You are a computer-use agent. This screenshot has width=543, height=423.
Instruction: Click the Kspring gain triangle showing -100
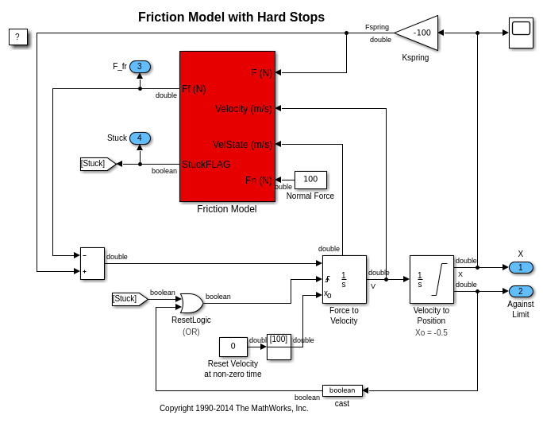(419, 33)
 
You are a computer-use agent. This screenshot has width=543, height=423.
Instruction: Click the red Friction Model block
(227, 126)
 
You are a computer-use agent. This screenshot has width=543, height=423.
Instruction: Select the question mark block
(18, 37)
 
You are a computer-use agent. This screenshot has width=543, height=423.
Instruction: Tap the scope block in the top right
(521, 33)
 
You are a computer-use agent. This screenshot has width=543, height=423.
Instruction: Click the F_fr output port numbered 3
(141, 67)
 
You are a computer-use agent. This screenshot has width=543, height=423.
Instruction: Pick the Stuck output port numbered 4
(141, 138)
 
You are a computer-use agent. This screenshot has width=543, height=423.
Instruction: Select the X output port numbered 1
(521, 267)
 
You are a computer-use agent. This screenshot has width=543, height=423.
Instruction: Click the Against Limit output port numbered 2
(521, 291)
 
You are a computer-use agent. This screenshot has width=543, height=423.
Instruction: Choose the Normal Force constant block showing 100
(310, 180)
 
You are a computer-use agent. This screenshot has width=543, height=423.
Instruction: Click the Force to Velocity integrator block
(344, 279)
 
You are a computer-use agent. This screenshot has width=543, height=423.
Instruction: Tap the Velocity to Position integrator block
(431, 279)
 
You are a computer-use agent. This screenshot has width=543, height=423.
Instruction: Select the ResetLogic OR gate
(191, 303)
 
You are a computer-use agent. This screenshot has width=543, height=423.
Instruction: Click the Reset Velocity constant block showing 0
(233, 347)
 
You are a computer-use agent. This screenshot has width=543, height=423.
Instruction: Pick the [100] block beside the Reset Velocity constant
(279, 347)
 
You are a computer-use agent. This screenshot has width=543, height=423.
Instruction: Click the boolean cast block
(342, 390)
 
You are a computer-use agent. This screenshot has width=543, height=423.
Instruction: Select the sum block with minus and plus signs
(92, 263)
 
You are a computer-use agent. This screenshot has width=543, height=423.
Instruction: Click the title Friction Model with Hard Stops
(231, 17)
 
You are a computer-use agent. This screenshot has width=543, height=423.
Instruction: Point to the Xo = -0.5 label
(431, 332)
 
